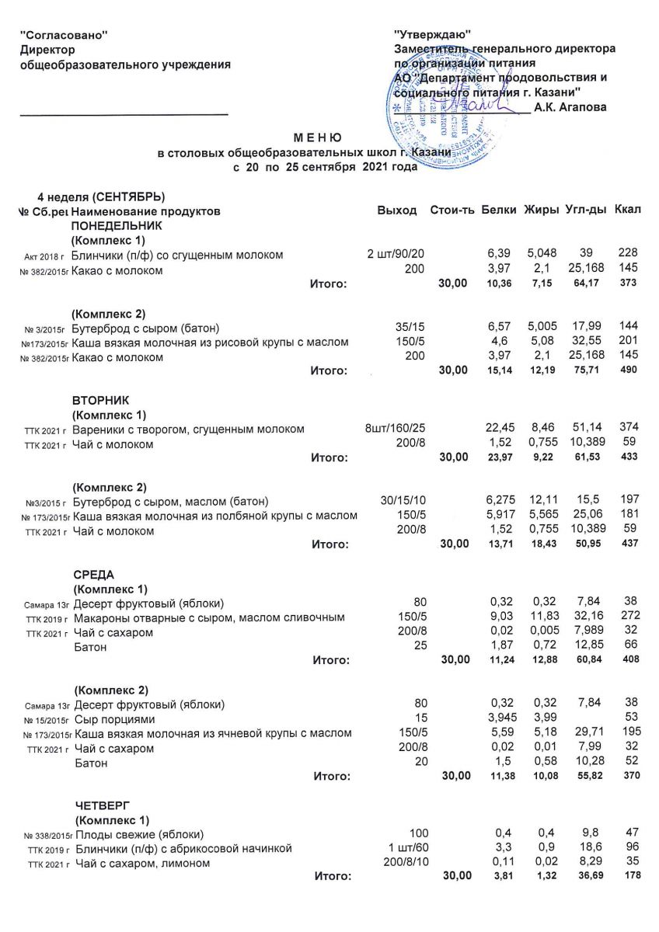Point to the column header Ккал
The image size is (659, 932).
pos(627,210)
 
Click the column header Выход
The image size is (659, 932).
pos(396,210)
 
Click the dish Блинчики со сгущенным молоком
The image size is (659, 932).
pos(176,255)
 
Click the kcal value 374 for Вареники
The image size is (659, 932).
pos(628,429)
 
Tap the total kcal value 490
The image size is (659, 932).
pos(627,370)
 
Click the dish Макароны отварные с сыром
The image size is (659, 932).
pos(209,618)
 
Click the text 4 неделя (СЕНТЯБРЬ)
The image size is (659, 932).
pos(102,196)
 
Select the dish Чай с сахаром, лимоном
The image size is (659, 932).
pos(143,863)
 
